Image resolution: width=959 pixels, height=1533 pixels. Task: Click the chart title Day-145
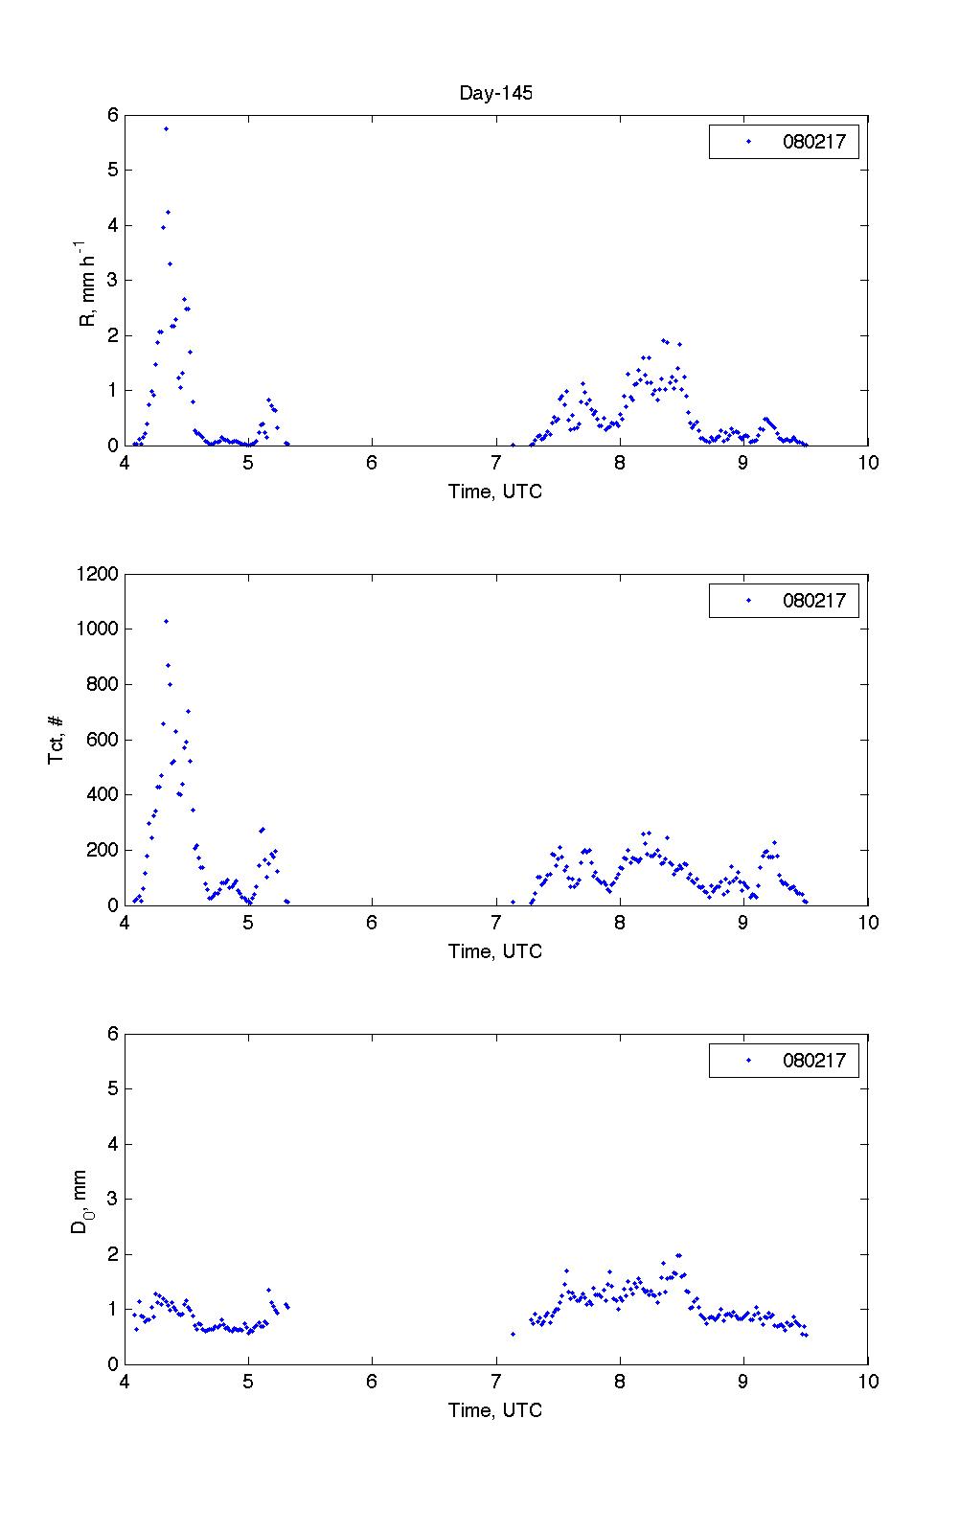click(x=495, y=93)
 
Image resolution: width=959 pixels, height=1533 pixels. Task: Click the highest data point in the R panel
click(x=166, y=128)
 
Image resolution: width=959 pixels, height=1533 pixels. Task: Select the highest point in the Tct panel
click(x=166, y=621)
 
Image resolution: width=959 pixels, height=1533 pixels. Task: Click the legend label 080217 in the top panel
click(x=813, y=143)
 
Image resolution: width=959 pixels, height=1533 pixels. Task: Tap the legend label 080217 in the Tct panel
click(x=813, y=602)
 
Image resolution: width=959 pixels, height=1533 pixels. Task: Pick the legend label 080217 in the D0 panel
click(x=813, y=1061)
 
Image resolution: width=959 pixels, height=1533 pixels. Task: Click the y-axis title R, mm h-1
click(x=87, y=281)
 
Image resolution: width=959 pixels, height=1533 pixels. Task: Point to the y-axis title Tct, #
click(x=57, y=740)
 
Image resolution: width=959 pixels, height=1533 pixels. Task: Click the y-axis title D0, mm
click(x=81, y=1200)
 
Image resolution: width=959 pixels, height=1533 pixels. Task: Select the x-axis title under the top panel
click(x=495, y=492)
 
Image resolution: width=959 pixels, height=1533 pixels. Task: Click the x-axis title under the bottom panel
click(x=495, y=1410)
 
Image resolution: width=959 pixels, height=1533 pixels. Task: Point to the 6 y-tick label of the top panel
click(x=112, y=115)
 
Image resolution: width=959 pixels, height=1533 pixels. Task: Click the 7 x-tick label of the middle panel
click(x=496, y=923)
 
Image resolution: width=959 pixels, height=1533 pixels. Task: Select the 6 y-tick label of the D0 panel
click(x=112, y=1034)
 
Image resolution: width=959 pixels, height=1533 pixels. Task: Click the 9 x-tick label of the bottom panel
click(x=743, y=1382)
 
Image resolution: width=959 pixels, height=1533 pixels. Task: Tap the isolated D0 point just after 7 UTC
click(x=513, y=1334)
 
